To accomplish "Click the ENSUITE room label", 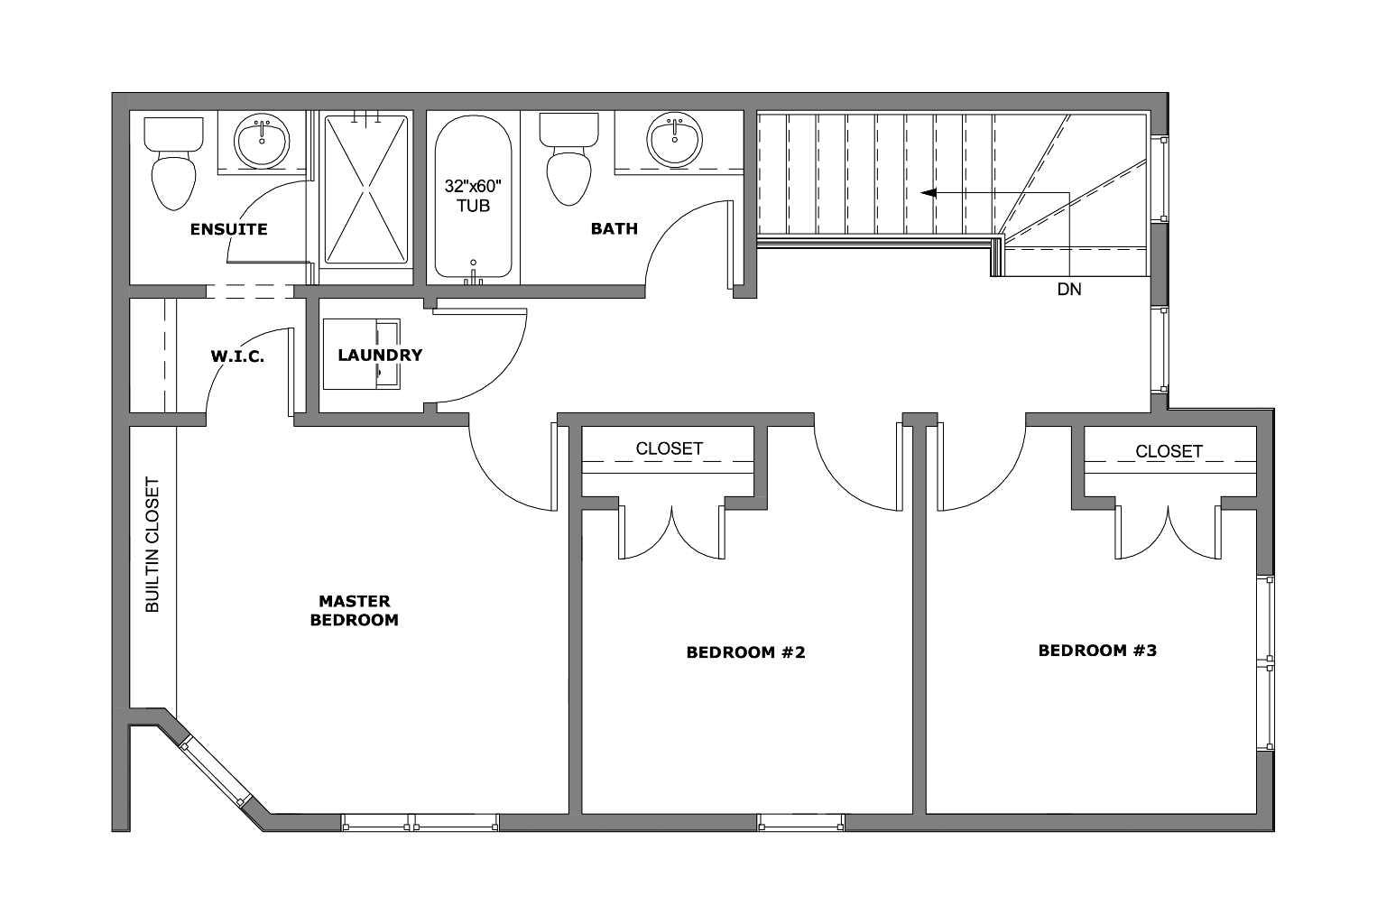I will pos(228,229).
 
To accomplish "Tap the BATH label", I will pos(614,229).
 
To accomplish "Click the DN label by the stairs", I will pos(1068,290).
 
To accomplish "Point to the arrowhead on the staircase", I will pos(928,192).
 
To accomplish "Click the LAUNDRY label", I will pos(379,356).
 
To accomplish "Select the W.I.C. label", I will pos(237,356).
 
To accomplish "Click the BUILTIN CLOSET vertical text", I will pos(152,545).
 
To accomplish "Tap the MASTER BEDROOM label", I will pos(354,611).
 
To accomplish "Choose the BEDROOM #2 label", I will pos(745,651).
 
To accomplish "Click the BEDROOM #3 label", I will pos(1097,651).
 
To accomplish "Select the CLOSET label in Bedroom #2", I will pos(669,448).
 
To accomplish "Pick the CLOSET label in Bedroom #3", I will pos(1169,450).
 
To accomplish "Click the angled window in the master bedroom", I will pos(213,773).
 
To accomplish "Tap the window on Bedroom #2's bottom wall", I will pos(800,822).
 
